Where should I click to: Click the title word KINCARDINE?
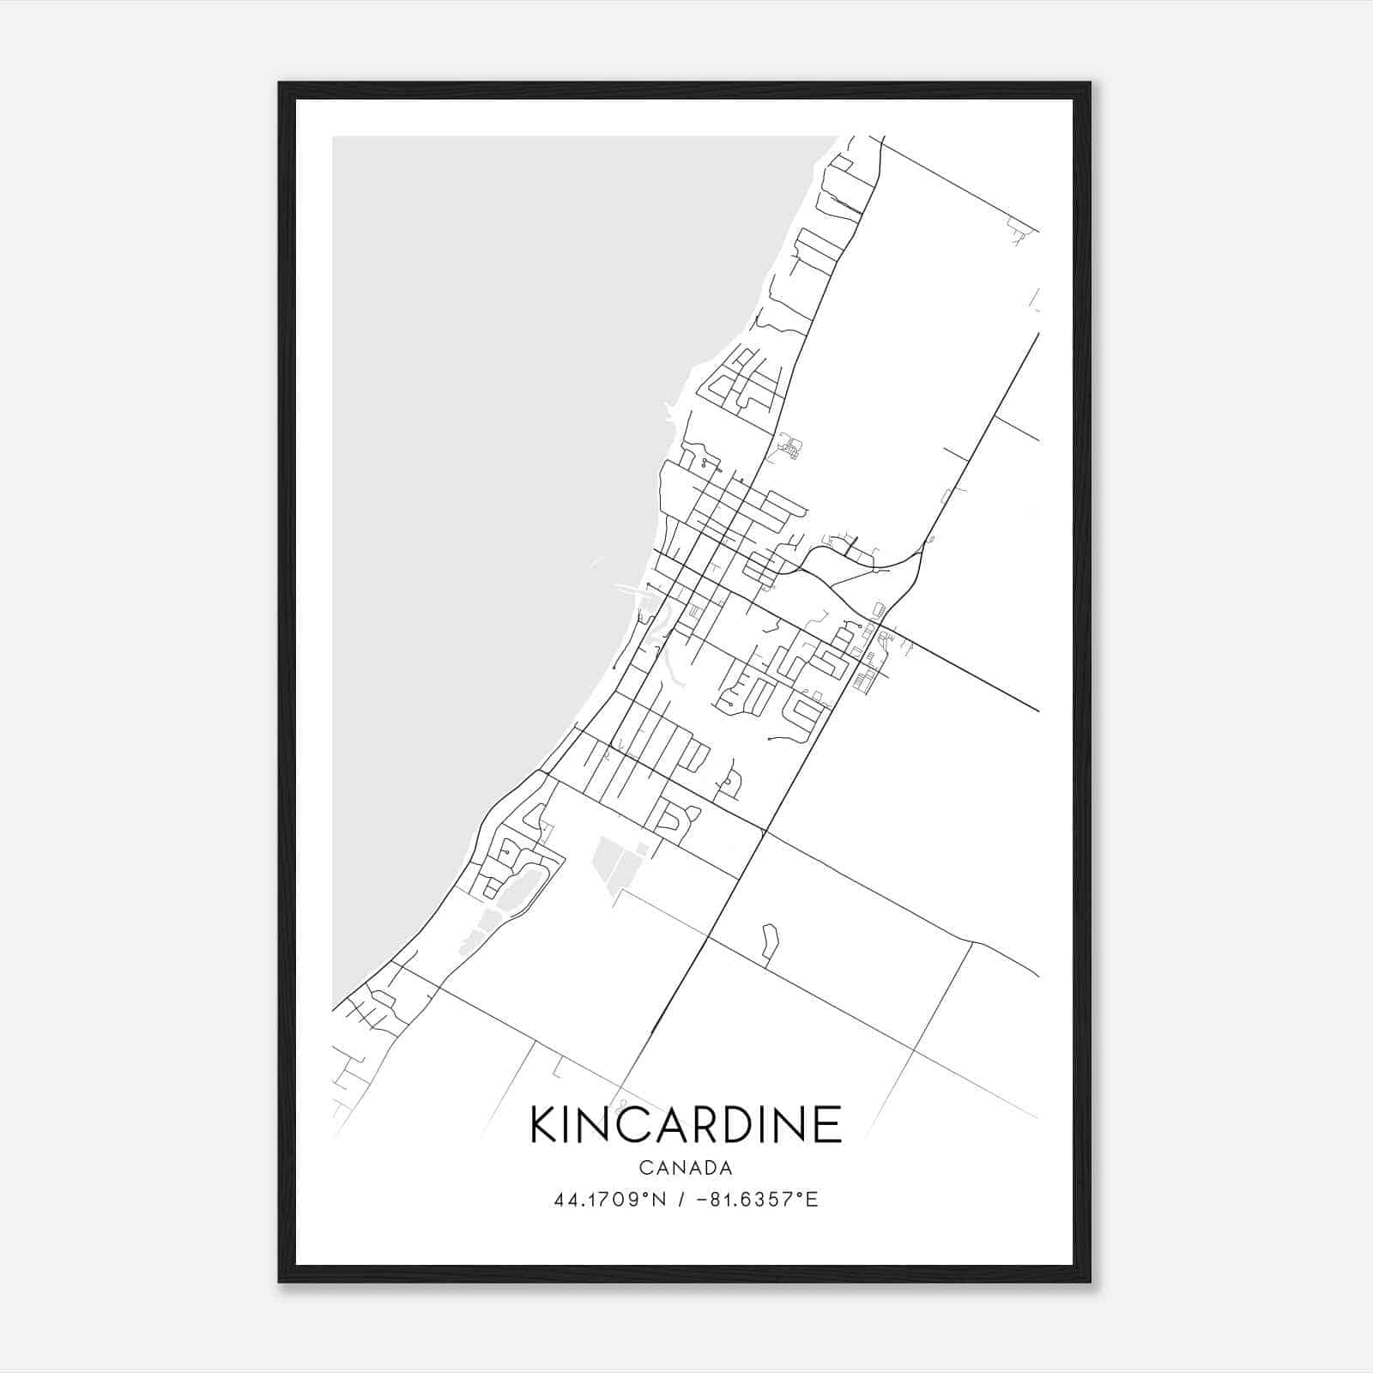point(686,1124)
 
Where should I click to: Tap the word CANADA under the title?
point(686,1168)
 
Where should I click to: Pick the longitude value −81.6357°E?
point(758,1199)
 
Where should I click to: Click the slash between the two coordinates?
point(681,1199)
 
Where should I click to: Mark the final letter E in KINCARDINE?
point(829,1124)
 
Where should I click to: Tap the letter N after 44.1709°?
point(659,1199)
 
